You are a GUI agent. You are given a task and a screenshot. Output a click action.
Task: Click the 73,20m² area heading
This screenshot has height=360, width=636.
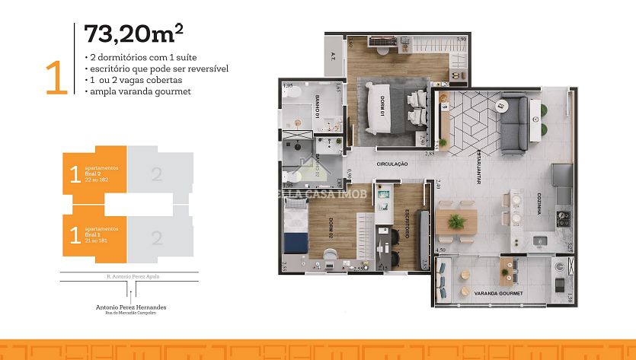tap(134, 34)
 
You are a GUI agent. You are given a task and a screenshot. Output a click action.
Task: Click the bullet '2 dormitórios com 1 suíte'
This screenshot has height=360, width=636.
tap(136, 58)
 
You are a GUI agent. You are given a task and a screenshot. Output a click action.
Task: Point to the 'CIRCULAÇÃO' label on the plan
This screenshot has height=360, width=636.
tap(392, 164)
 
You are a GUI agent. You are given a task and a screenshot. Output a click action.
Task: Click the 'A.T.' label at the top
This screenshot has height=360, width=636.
tap(334, 55)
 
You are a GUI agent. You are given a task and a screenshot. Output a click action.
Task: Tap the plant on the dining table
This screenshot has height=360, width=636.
tap(456, 221)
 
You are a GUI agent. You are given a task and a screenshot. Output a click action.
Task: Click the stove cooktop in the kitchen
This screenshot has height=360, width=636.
tap(564, 220)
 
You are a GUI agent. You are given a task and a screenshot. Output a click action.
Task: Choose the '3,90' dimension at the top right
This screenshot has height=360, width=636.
tap(461, 39)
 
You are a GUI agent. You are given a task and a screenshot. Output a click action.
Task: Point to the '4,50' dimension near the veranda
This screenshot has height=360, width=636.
tap(439, 250)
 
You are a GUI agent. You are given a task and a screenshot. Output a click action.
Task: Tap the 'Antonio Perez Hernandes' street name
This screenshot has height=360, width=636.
tap(131, 307)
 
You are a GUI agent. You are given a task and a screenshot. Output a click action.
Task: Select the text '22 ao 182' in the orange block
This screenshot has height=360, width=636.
tap(97, 178)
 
